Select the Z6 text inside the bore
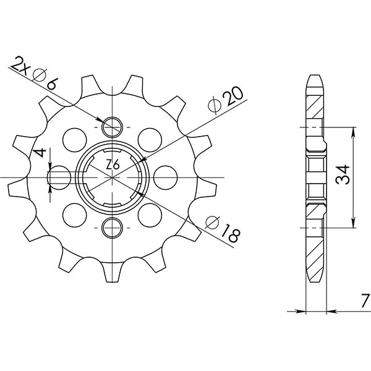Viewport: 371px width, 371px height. click(x=113, y=164)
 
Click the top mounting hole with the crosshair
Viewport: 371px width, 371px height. click(x=113, y=127)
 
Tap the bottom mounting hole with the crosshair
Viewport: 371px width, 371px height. click(x=113, y=227)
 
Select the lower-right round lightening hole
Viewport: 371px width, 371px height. click(x=147, y=215)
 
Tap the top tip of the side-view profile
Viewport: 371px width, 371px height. click(x=315, y=77)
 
